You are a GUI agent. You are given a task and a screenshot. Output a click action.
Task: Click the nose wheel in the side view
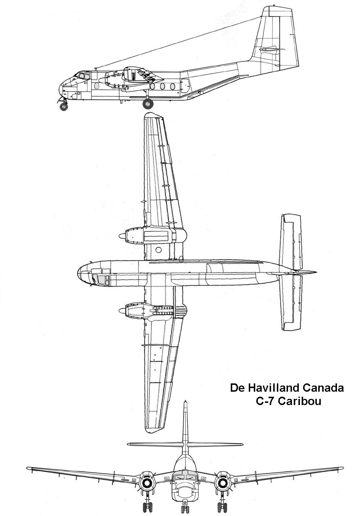point(64,107)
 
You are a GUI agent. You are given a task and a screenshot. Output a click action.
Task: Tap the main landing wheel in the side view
point(148,104)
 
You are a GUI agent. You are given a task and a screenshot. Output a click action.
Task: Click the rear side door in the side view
point(185,86)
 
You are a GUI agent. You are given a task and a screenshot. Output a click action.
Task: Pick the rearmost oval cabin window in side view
point(172,86)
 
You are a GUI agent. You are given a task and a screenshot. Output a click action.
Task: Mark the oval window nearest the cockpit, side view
point(96,86)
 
